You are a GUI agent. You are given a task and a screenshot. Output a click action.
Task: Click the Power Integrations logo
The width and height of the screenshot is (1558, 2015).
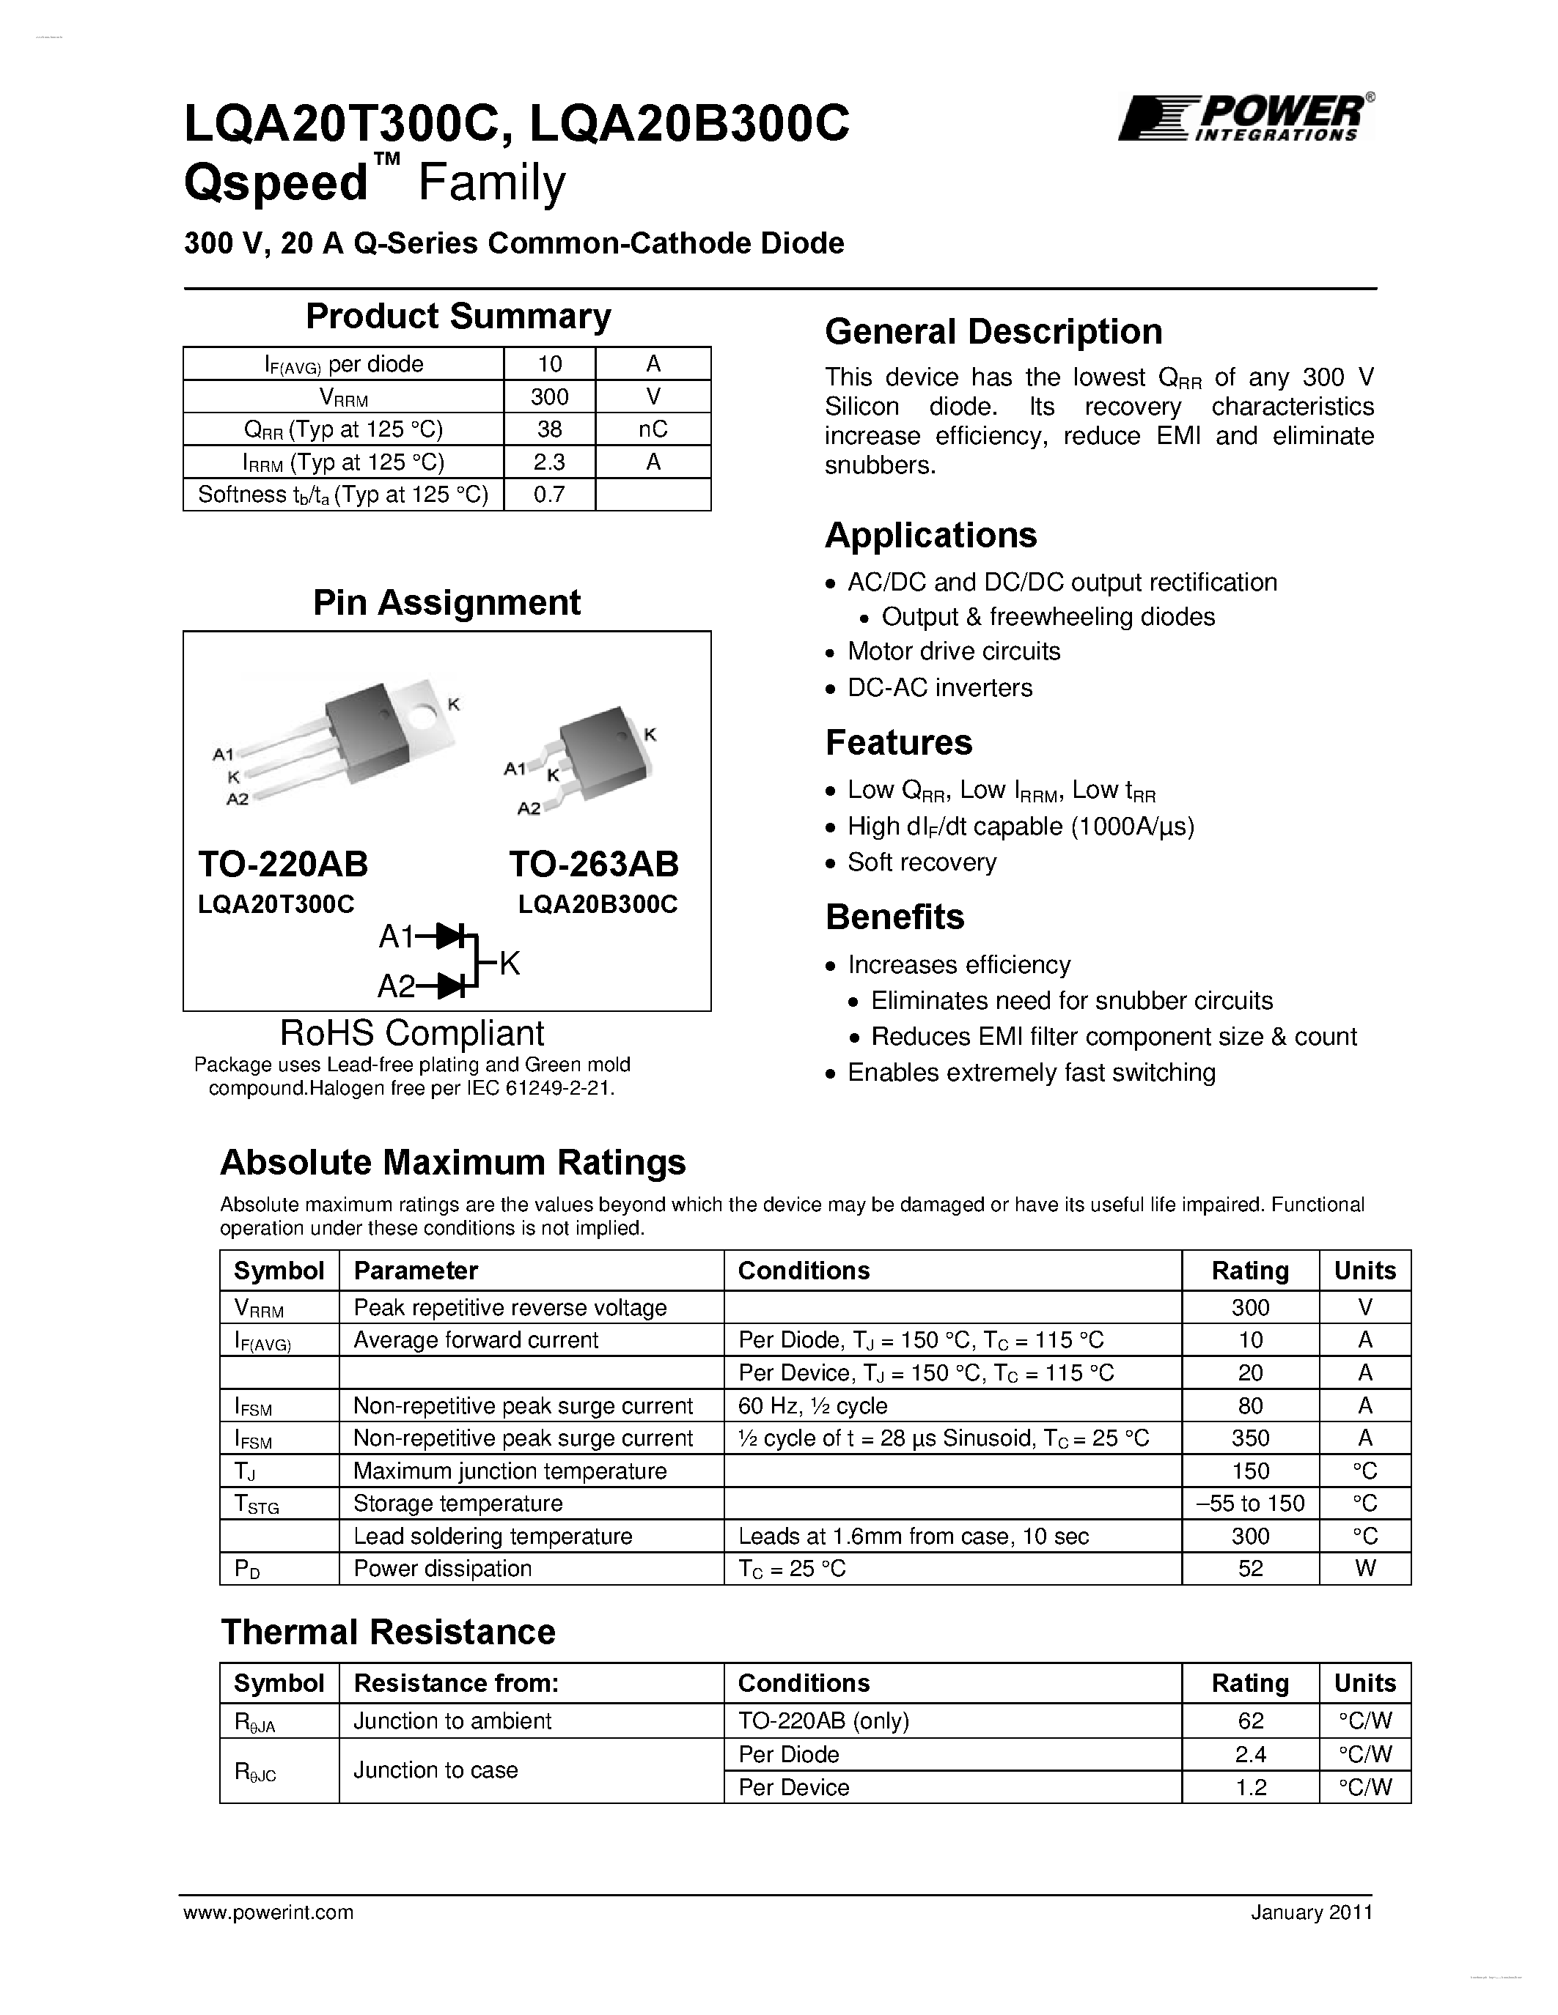point(1244,118)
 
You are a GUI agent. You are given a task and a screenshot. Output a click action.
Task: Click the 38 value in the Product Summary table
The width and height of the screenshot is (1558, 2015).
point(549,429)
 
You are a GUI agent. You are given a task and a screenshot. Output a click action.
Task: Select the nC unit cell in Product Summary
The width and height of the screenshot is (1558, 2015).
point(653,429)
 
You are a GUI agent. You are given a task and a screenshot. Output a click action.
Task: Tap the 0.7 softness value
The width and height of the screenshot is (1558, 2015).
point(549,495)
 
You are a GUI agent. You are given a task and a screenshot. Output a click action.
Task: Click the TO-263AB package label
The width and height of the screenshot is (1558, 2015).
point(593,865)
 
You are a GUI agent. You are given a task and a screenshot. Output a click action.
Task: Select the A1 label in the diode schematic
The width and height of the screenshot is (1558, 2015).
point(396,937)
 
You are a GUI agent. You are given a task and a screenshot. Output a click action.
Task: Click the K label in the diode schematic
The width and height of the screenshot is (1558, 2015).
point(510,964)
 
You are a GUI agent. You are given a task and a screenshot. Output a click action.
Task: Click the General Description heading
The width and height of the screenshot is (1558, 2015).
point(993,332)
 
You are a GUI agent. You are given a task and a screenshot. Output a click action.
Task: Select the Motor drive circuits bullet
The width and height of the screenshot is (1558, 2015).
point(953,651)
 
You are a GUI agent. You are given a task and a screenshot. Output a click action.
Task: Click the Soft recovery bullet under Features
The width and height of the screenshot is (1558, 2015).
point(921,862)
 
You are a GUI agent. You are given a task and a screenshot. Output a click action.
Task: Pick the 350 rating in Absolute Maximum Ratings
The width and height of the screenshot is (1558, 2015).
point(1250,1438)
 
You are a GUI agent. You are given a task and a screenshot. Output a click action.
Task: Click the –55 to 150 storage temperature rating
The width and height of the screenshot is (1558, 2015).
point(1250,1504)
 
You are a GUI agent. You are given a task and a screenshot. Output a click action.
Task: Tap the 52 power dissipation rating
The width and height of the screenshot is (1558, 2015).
point(1250,1570)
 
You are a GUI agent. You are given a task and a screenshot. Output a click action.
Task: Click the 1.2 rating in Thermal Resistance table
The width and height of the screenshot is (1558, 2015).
point(1250,1788)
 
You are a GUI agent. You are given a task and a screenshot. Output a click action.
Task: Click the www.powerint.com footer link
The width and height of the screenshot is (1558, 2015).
point(268,1912)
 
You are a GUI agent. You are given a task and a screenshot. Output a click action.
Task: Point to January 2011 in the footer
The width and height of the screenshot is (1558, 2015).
point(1312,1912)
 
